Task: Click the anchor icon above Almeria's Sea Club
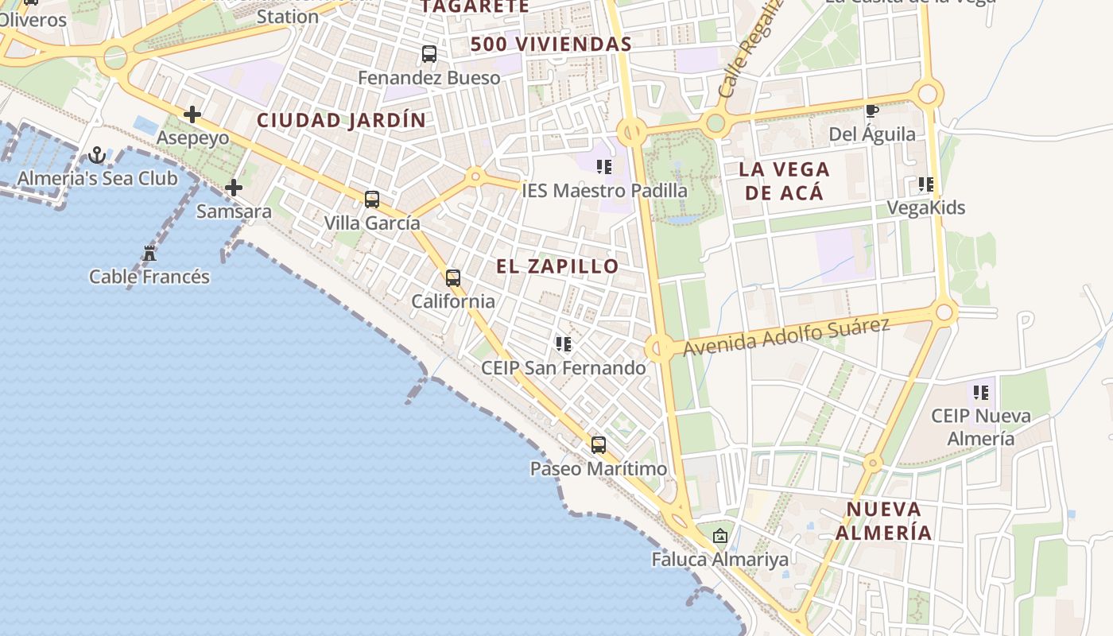click(97, 155)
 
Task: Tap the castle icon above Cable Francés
click(149, 254)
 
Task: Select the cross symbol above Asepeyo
click(192, 114)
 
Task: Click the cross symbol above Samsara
click(234, 188)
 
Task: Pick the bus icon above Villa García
click(371, 200)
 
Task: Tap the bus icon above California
click(452, 278)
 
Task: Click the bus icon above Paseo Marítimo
click(598, 445)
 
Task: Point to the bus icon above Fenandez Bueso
click(429, 54)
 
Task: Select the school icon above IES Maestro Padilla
click(604, 167)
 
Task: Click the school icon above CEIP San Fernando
click(563, 344)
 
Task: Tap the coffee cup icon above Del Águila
click(871, 111)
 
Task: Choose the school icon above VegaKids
click(925, 184)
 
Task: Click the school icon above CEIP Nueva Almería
click(981, 392)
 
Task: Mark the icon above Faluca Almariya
click(719, 536)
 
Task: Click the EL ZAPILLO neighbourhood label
click(557, 266)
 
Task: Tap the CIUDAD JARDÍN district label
click(341, 121)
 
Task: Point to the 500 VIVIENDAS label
click(550, 45)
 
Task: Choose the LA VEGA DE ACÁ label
click(784, 180)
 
